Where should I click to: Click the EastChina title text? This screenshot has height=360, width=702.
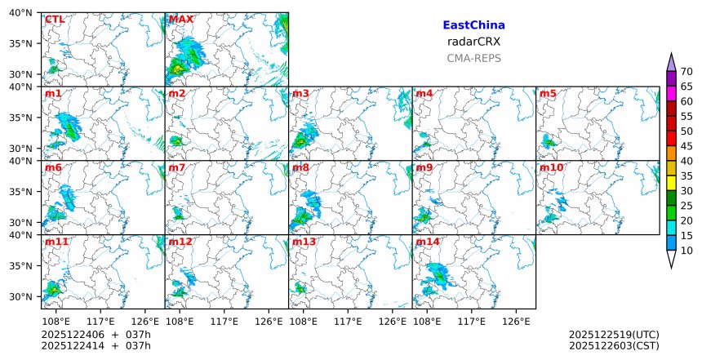pos(473,25)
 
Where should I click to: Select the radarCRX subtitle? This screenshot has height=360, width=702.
pos(473,42)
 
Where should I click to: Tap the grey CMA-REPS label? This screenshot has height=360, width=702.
pos(473,58)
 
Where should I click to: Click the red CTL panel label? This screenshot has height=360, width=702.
pos(55,19)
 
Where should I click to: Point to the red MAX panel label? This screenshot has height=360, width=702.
pos(180,19)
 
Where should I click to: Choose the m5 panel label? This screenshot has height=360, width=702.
pos(548,94)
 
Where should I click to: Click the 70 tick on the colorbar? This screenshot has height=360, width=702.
pos(686,71)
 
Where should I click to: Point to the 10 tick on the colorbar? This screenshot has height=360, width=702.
pos(686,251)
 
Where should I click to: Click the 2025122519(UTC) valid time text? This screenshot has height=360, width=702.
pos(613,335)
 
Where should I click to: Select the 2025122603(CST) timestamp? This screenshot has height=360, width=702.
pos(613,346)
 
